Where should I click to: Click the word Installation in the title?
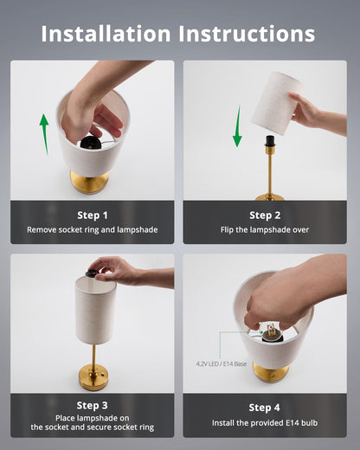(106, 34)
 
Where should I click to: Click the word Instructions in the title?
(247, 34)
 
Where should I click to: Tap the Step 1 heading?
(93, 215)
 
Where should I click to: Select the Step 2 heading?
(265, 215)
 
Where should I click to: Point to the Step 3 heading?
(93, 405)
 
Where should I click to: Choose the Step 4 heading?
(264, 408)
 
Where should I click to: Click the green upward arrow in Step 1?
(44, 134)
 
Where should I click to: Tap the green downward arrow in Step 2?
(237, 126)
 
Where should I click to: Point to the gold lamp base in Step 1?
(90, 182)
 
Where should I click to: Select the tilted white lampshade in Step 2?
(276, 103)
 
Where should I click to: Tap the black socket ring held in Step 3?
(93, 273)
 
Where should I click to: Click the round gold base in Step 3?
(93, 377)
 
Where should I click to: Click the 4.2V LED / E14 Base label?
(222, 363)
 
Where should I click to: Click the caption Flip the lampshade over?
(265, 230)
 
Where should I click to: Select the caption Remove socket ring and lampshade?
(93, 230)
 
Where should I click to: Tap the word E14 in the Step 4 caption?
(292, 423)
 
